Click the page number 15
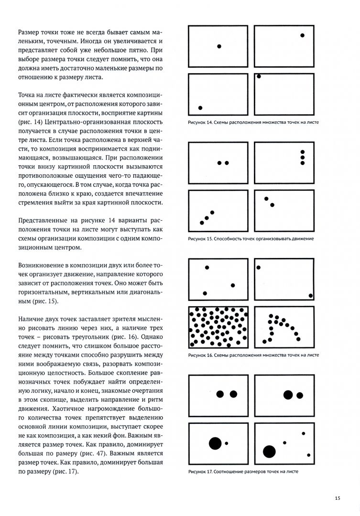pyautogui.click(x=338, y=498)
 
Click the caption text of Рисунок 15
pyautogui.click(x=251, y=238)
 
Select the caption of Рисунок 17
pyautogui.click(x=243, y=472)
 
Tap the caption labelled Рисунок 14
pyautogui.click(x=253, y=122)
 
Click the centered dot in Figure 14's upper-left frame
pyautogui.click(x=219, y=46)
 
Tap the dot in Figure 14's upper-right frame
pyautogui.click(x=303, y=35)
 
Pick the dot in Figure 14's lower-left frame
pyautogui.click(x=200, y=107)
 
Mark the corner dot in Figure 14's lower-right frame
pyautogui.click(x=259, y=76)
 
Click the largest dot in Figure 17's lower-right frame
pyautogui.click(x=269, y=451)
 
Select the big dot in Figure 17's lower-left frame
pyautogui.click(x=215, y=443)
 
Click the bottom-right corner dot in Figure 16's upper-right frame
pyautogui.click(x=311, y=296)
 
